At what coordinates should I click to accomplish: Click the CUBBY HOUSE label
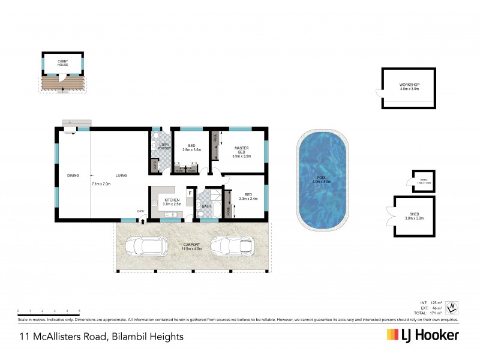point(62,62)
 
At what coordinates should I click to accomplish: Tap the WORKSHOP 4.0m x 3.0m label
point(409,86)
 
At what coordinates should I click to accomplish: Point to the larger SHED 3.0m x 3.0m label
point(414,216)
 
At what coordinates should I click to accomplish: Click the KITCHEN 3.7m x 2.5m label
point(172,202)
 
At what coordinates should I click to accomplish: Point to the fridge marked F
point(190,193)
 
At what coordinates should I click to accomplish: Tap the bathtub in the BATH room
point(217,210)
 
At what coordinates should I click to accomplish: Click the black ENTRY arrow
point(142,221)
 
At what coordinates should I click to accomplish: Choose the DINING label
point(73,175)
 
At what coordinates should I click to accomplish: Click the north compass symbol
point(454,308)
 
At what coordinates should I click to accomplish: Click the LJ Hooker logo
point(422,335)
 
